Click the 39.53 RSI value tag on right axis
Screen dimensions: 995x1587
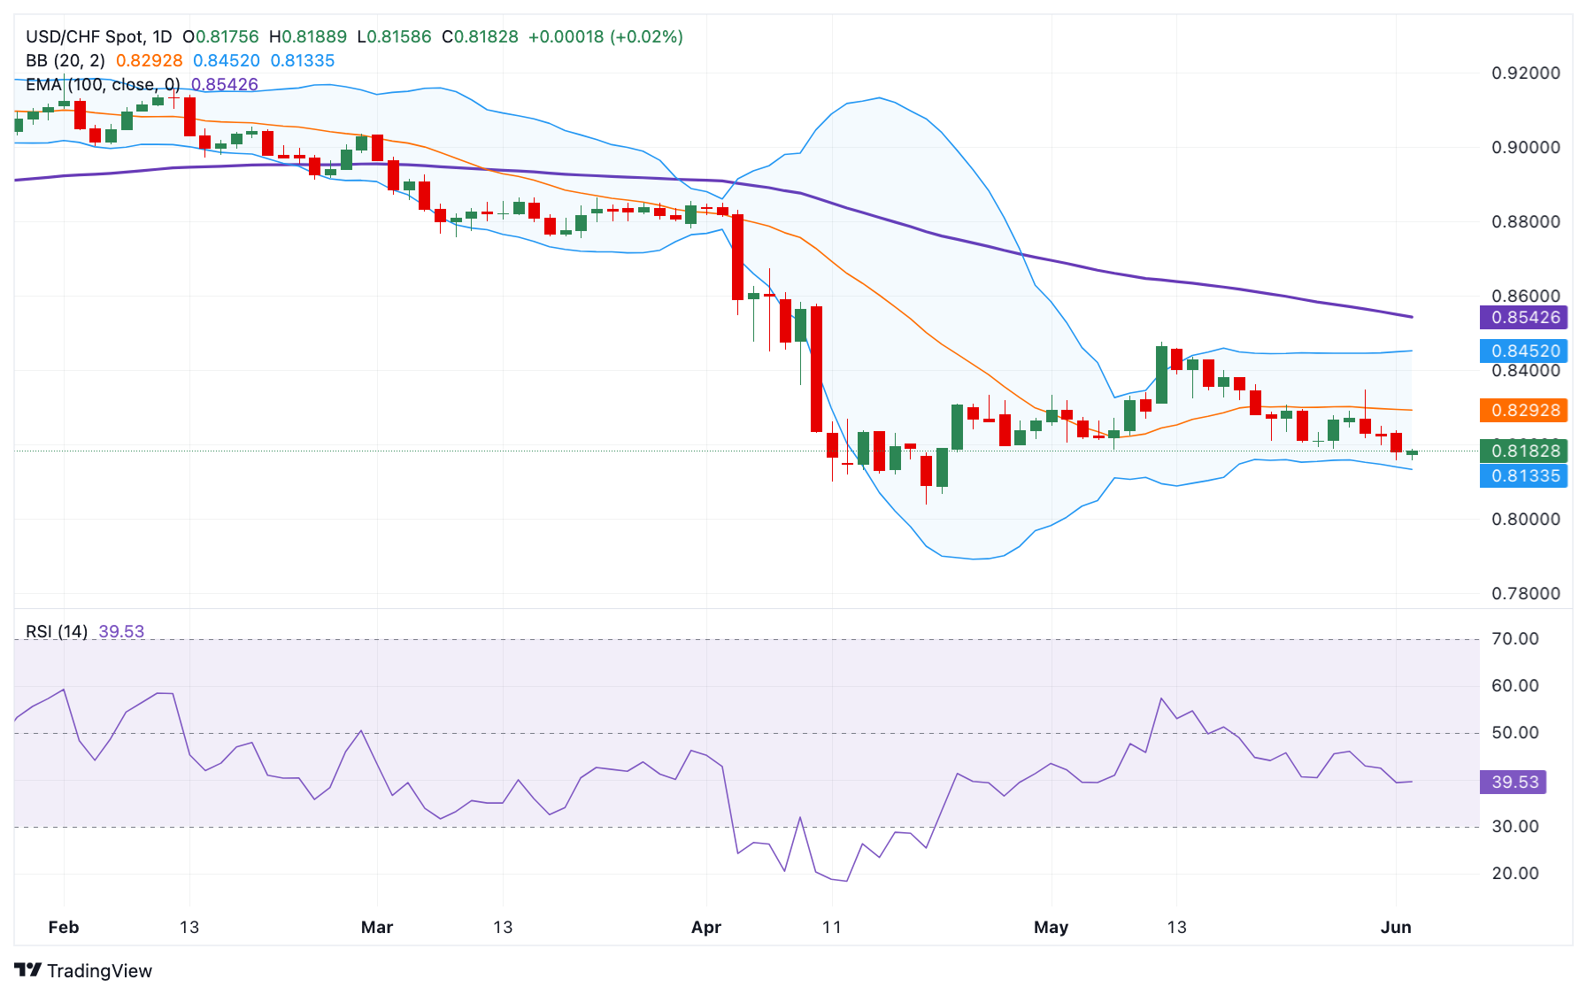point(1514,782)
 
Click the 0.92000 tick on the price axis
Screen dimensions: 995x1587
point(1525,73)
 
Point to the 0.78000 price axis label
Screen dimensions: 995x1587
point(1525,593)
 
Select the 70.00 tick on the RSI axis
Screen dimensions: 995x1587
point(1514,638)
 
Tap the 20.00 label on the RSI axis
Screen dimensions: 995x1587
point(1514,873)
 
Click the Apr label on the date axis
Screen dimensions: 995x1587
point(705,927)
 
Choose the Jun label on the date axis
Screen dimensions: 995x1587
point(1395,927)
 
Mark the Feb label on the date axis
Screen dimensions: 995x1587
point(63,927)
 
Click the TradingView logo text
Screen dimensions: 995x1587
point(84,970)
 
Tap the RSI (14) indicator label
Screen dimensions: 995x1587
point(56,631)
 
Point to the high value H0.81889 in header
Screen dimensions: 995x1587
point(307,36)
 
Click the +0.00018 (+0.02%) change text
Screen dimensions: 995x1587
point(605,36)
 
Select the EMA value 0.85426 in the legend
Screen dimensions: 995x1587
point(225,84)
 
